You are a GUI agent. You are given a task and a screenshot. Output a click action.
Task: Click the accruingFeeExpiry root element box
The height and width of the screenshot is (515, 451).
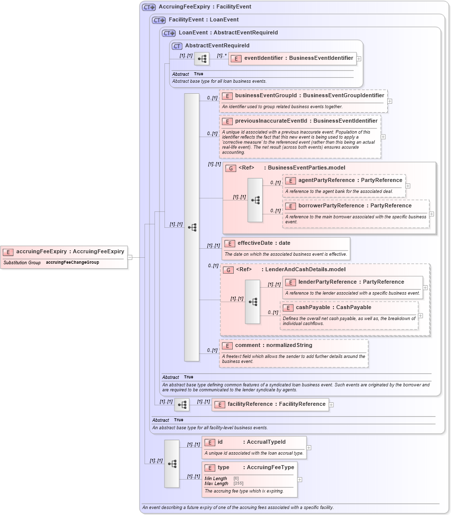pyautogui.click(x=64, y=252)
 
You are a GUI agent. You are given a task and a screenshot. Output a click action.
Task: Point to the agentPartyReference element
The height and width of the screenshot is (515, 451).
pyautogui.click(x=350, y=180)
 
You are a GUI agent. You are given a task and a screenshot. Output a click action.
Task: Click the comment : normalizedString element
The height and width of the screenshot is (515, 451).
pyautogui.click(x=273, y=345)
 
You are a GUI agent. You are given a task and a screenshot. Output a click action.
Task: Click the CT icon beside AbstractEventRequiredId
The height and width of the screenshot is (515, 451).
pyautogui.click(x=177, y=46)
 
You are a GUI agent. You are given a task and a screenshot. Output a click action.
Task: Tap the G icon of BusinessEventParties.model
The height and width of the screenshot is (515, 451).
pyautogui.click(x=230, y=168)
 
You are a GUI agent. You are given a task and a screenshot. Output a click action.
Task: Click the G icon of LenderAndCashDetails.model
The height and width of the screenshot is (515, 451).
pyautogui.click(x=228, y=270)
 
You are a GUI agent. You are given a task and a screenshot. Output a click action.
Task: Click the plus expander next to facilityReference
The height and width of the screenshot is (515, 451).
pyautogui.click(x=331, y=405)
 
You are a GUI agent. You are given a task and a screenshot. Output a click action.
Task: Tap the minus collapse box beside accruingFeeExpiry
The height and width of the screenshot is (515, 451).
pyautogui.click(x=130, y=257)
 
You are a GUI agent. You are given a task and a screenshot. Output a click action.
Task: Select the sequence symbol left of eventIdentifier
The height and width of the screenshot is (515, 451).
pyautogui.click(x=201, y=59)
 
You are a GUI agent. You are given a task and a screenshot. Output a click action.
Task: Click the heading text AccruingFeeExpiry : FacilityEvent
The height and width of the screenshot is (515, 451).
pyautogui.click(x=205, y=7)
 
